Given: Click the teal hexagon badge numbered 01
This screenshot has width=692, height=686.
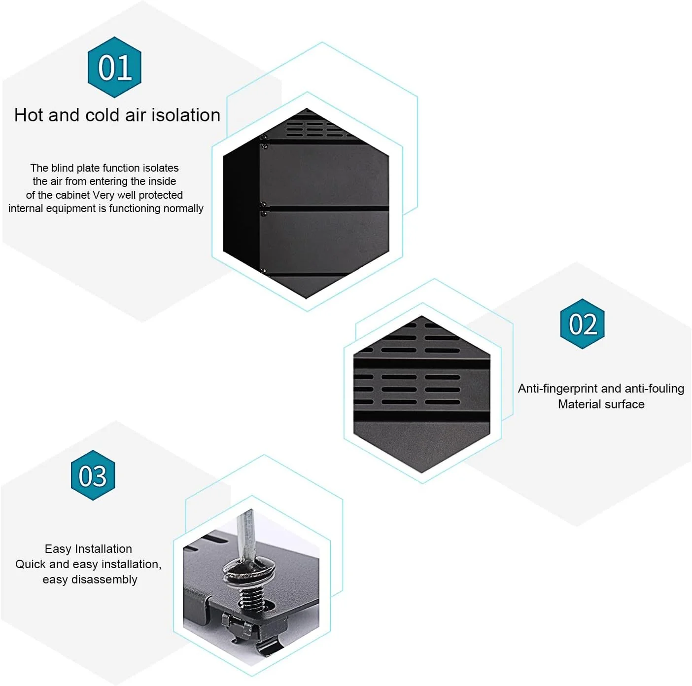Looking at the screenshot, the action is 114,67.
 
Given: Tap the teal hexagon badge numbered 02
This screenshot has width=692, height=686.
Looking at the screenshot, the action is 582,324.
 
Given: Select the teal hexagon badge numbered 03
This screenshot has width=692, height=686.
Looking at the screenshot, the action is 93,475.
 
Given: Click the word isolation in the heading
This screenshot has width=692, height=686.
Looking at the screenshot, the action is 186,115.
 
